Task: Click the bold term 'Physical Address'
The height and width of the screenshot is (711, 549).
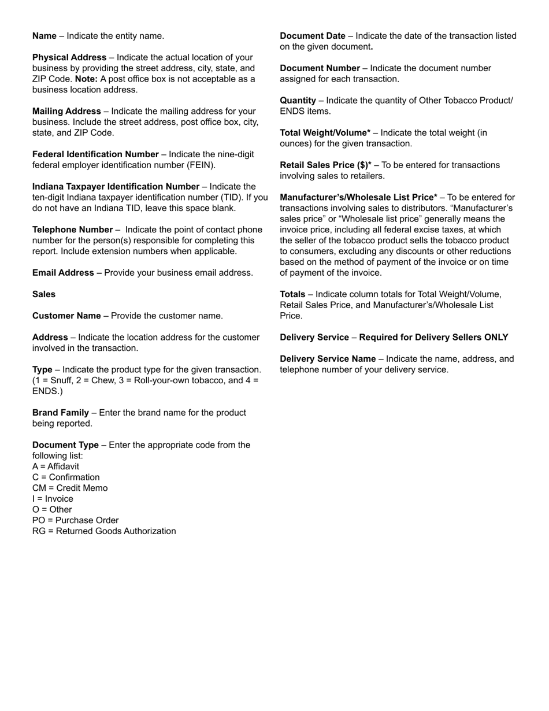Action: tap(69, 57)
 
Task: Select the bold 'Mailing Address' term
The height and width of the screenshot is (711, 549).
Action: tap(66, 111)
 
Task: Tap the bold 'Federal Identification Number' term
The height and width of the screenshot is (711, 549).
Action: tap(95, 154)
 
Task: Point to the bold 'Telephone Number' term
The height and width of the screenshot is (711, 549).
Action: tap(72, 229)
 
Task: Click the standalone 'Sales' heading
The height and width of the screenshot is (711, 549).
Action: tap(44, 294)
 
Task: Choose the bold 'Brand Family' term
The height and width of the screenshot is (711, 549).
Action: tap(61, 413)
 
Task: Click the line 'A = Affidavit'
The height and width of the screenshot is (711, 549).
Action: tap(56, 466)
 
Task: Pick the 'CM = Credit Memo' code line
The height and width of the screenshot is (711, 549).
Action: tap(70, 488)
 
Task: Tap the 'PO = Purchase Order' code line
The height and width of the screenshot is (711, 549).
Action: tap(75, 520)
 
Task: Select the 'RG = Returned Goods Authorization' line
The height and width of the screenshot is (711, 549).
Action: tap(104, 531)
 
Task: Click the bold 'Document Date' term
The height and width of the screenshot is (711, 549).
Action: tap(313, 36)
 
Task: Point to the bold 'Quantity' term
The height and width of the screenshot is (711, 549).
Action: tap(298, 101)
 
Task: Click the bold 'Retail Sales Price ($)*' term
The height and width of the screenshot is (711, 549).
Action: tap(326, 165)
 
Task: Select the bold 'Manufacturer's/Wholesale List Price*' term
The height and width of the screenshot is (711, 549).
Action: tap(358, 198)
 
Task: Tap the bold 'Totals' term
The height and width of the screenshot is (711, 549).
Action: tap(292, 294)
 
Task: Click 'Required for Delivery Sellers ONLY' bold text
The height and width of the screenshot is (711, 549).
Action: tap(433, 338)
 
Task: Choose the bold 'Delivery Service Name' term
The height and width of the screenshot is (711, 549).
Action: tap(328, 359)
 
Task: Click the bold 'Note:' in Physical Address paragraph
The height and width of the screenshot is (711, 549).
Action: tap(86, 79)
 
